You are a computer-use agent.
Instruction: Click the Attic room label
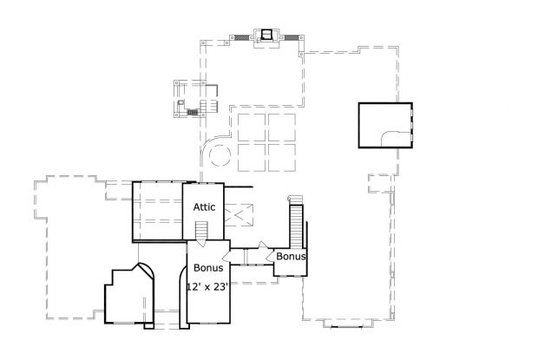coord(203,206)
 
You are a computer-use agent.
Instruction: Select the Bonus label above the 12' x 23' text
coord(207,268)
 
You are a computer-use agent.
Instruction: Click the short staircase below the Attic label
coord(202,231)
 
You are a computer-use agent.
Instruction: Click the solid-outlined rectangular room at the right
coord(384,126)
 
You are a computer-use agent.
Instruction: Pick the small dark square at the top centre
coord(266,35)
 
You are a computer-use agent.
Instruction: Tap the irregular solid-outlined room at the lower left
coord(128,295)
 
